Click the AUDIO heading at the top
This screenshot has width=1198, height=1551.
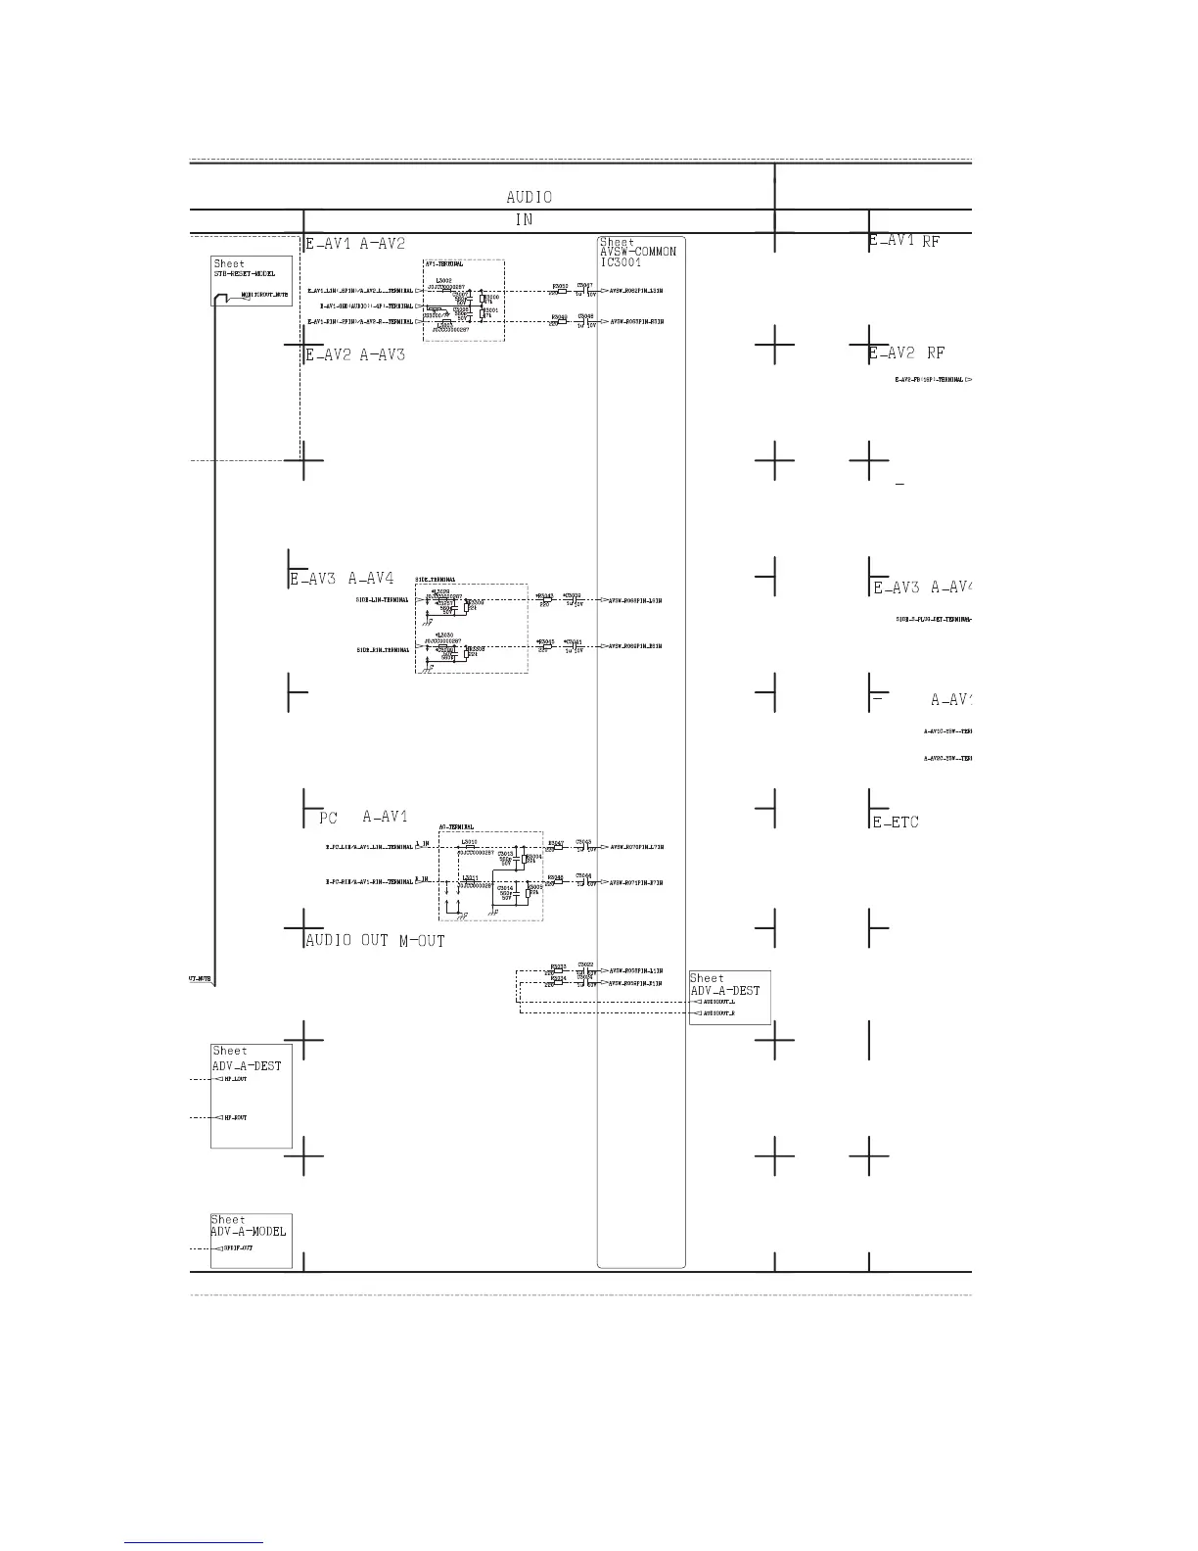click(x=529, y=197)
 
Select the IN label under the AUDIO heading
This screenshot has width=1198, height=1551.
click(x=524, y=220)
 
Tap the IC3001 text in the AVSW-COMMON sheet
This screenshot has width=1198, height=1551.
click(x=622, y=262)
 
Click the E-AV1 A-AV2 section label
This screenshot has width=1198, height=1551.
click(x=355, y=244)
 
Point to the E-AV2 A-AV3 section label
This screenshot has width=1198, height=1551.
click(x=355, y=355)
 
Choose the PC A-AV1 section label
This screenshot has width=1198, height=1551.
click(x=363, y=817)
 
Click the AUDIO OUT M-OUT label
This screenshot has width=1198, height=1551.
click(x=375, y=941)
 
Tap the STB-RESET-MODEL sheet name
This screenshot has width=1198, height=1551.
click(x=245, y=274)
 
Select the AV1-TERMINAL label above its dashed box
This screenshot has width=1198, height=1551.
click(x=443, y=264)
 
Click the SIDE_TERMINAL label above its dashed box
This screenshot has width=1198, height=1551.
click(x=435, y=580)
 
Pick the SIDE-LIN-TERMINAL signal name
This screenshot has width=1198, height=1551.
click(x=383, y=600)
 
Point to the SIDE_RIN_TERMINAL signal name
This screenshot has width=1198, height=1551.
click(x=383, y=650)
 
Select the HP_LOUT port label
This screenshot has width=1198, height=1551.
click(x=235, y=1079)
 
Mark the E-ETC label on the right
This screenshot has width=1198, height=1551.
click(x=896, y=822)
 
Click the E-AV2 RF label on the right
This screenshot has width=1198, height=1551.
click(x=906, y=353)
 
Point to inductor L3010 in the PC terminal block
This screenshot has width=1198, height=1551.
click(x=470, y=842)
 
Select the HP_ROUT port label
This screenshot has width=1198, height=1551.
click(x=235, y=1117)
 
